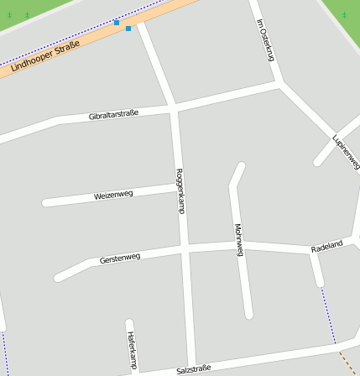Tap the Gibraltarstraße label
point(113,114)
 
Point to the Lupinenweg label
point(345,149)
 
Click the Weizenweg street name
point(113,196)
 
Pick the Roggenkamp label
point(180,191)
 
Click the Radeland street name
point(326,246)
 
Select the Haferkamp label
point(132,350)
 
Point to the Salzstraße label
point(193,368)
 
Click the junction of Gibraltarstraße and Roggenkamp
point(174,108)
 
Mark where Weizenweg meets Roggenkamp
point(178,187)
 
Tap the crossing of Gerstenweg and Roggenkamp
point(185,250)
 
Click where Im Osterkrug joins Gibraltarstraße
point(279,84)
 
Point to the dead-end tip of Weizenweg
point(46,202)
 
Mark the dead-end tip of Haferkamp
point(129,322)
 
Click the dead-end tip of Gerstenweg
point(59,276)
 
